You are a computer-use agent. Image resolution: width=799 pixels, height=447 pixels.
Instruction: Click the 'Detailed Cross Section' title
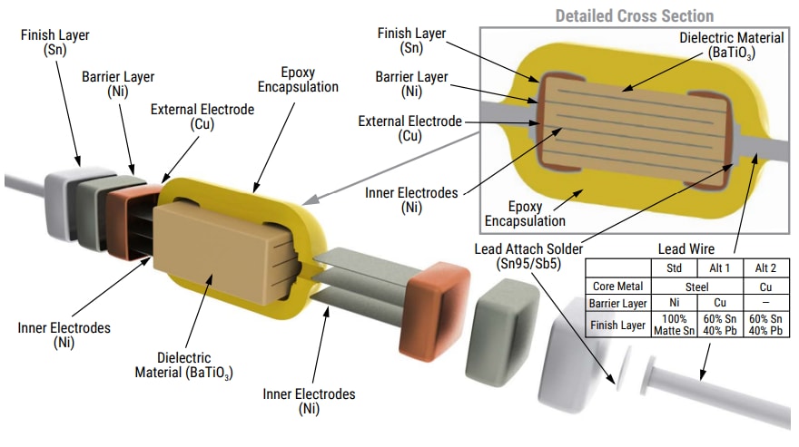[x=634, y=15]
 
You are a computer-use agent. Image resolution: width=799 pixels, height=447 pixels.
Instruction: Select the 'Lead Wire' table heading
[x=686, y=248]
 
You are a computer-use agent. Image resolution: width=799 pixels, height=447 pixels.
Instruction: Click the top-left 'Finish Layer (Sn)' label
[x=48, y=42]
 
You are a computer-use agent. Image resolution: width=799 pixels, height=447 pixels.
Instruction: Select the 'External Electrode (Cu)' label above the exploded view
[x=202, y=117]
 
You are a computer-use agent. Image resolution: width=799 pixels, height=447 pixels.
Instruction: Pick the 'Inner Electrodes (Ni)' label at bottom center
[x=309, y=401]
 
